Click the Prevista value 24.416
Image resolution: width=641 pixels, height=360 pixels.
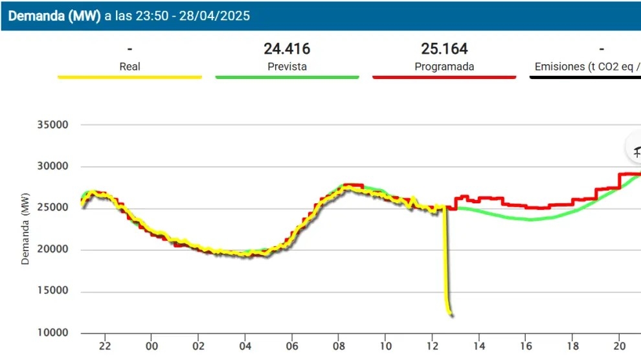287,49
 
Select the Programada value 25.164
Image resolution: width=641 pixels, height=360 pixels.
444,49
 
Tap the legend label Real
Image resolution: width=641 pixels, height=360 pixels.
129,66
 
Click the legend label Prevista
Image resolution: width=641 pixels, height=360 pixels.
287,66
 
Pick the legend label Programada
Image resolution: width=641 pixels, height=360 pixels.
444,66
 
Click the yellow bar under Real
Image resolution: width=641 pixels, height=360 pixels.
129,77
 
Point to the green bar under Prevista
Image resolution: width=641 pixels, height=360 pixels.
287,77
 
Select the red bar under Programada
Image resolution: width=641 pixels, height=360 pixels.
444,77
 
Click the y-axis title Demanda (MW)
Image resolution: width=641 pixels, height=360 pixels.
26,229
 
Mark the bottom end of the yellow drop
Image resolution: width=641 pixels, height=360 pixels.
450,315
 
